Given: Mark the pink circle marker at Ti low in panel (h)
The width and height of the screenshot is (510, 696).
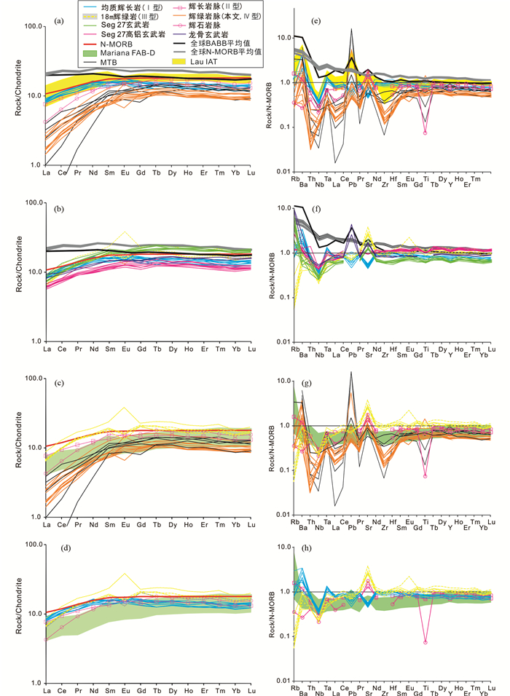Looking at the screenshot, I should click(424, 642).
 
